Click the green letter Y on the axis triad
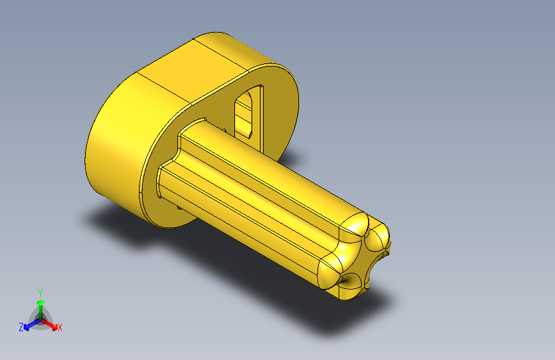click(40, 291)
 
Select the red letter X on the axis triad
click(60, 328)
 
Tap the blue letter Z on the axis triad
click(21, 327)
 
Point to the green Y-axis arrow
click(40, 304)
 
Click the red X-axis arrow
click(51, 324)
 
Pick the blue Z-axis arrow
click(29, 324)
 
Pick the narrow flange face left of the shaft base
click(149, 186)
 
